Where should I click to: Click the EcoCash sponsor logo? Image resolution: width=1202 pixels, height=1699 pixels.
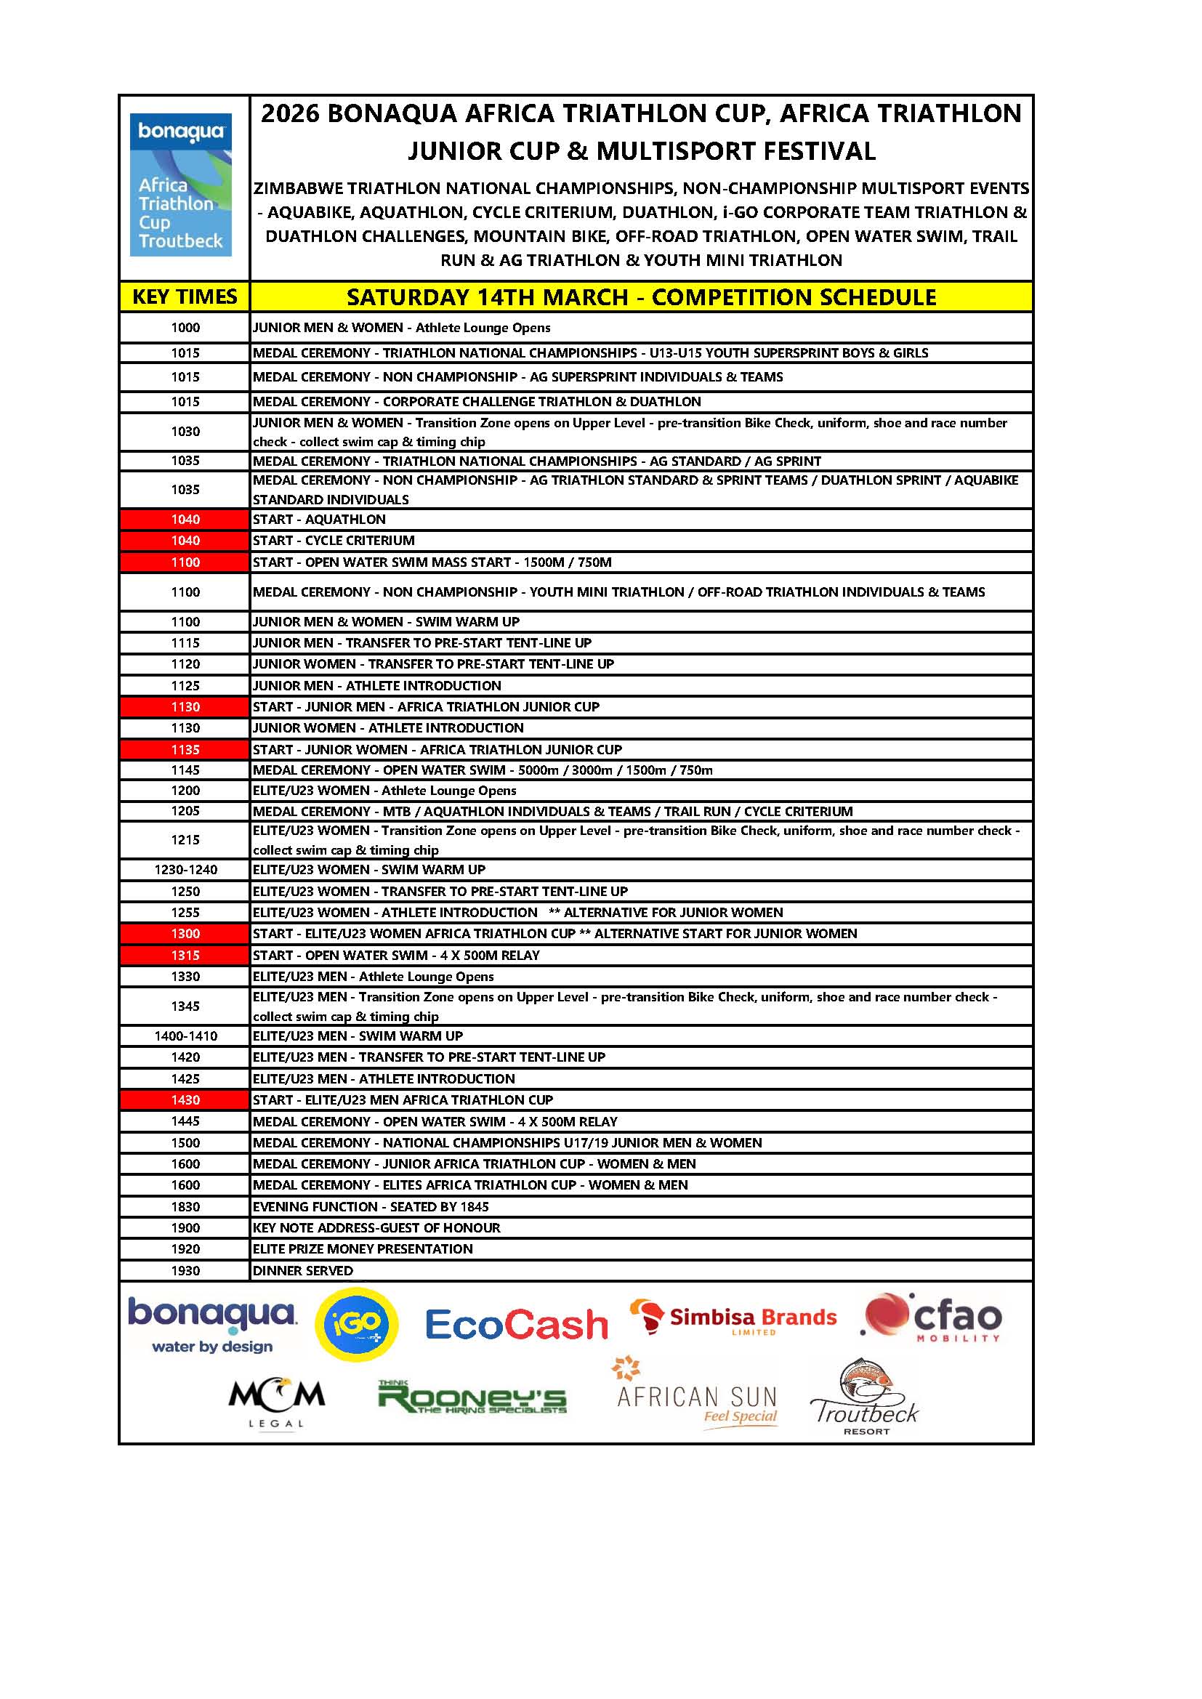(516, 1324)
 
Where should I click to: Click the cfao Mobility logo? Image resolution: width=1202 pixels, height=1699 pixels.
(932, 1318)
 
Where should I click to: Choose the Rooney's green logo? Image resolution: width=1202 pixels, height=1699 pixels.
(472, 1398)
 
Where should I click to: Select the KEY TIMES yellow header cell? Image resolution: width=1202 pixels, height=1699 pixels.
(185, 296)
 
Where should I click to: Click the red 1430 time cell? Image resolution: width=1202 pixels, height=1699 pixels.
(185, 1099)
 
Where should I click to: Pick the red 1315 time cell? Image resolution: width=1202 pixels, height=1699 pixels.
(185, 955)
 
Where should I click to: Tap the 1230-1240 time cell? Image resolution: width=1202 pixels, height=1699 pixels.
(185, 869)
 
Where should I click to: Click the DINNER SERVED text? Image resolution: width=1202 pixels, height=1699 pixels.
(303, 1270)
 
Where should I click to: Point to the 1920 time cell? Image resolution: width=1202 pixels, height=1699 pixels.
(185, 1249)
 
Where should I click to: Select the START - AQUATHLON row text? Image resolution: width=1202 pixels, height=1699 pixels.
(319, 520)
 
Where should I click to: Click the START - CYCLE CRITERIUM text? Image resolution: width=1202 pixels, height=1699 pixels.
(334, 540)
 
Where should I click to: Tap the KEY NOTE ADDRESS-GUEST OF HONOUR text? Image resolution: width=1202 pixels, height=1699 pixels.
(376, 1227)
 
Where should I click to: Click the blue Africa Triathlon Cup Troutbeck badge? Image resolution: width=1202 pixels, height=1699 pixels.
(181, 185)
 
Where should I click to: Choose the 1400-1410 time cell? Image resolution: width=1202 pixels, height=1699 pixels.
(185, 1036)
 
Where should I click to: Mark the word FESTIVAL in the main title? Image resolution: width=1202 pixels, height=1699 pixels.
(819, 151)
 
